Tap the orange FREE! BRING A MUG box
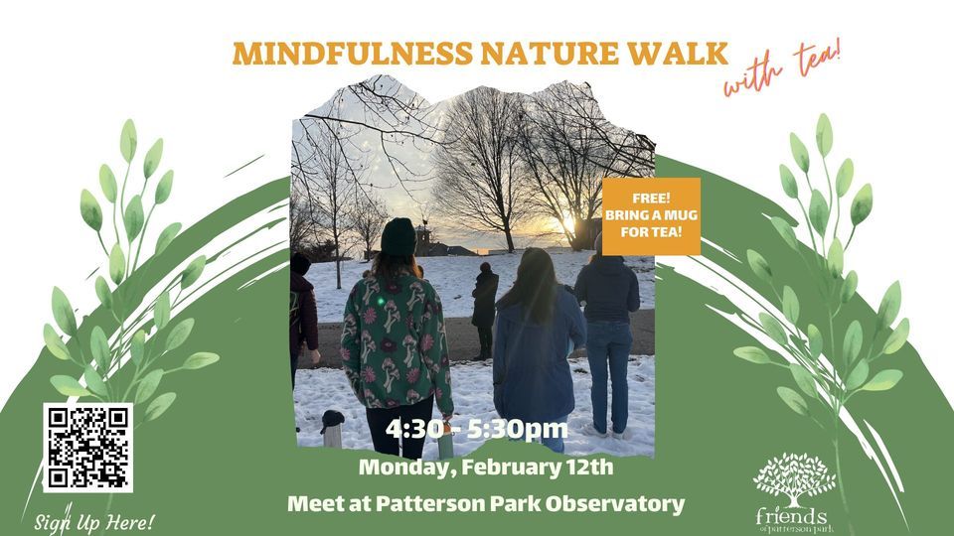click(651, 216)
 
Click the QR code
click(87, 447)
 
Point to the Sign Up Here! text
click(94, 521)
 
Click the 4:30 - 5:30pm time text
click(478, 430)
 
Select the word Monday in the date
click(398, 466)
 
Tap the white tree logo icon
click(793, 478)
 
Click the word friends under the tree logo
click(791, 516)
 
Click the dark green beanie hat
click(398, 237)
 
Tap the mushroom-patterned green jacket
click(396, 337)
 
